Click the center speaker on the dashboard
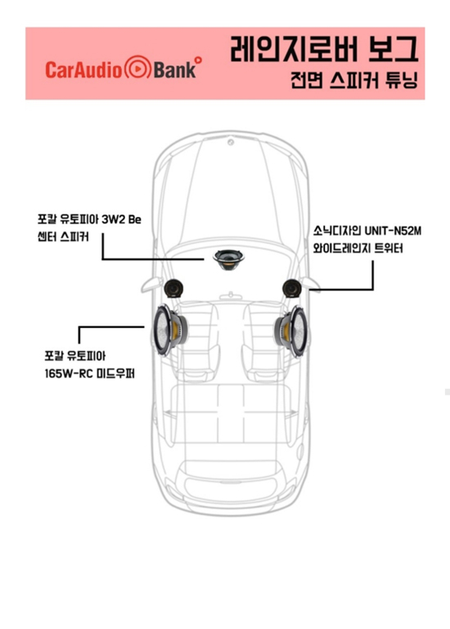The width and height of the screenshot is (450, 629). tap(229, 259)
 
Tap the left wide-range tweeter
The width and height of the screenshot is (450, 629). tap(173, 288)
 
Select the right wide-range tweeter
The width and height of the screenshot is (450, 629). tap(292, 288)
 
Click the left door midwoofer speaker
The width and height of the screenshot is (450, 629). tap(170, 330)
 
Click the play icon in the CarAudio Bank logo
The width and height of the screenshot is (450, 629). tap(137, 69)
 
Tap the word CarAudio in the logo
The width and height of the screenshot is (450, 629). tap(83, 70)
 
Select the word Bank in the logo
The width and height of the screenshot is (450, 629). tap(174, 70)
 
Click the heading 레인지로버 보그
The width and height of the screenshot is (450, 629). tap(324, 48)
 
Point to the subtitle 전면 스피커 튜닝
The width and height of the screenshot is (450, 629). tap(354, 80)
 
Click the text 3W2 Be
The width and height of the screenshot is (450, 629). tap(121, 219)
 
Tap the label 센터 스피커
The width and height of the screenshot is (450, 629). tap(63, 236)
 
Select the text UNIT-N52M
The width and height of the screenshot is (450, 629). tap(393, 231)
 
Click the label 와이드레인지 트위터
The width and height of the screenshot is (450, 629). tap(358, 249)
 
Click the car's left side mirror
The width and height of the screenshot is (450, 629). tap(151, 285)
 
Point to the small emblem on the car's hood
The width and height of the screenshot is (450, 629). tap(231, 142)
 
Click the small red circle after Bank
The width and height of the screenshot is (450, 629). tap(198, 61)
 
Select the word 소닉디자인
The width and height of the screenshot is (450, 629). tap(337, 231)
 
